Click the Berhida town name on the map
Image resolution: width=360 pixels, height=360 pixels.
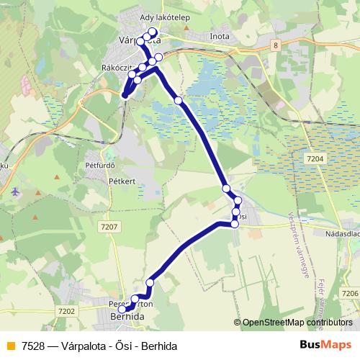point(127,317)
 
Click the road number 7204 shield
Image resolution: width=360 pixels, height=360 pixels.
point(316,158)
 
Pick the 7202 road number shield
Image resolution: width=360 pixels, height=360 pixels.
point(66,311)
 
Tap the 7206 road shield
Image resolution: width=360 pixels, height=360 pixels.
point(349,293)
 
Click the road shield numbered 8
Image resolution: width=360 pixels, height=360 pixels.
point(275,45)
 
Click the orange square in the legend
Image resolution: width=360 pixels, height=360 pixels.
point(9,346)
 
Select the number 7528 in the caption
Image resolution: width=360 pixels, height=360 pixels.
point(32,346)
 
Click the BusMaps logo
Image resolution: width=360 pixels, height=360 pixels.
point(325,345)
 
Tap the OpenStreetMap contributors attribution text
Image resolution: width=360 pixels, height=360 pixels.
point(297,323)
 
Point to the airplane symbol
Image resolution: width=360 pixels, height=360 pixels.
point(16,192)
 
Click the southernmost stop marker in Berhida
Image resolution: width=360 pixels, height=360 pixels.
point(122,310)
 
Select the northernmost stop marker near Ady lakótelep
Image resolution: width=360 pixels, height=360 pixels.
point(152,32)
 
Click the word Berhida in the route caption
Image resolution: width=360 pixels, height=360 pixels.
point(159,346)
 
